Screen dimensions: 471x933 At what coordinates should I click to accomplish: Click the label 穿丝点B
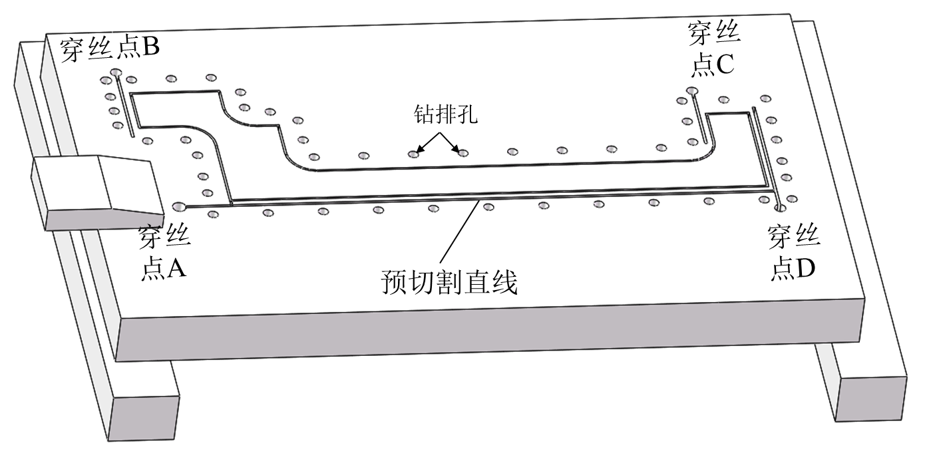(x=109, y=50)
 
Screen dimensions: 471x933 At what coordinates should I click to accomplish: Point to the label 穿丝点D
(x=793, y=253)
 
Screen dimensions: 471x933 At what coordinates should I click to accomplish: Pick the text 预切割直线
(x=449, y=283)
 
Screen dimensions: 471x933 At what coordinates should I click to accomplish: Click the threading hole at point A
(x=178, y=206)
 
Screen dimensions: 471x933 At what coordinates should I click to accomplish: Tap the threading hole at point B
(x=116, y=73)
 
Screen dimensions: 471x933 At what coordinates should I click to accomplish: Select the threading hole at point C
(x=692, y=91)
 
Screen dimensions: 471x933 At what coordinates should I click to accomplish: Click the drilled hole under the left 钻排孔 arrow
(x=413, y=154)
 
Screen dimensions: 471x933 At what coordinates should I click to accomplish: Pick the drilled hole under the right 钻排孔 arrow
(x=463, y=153)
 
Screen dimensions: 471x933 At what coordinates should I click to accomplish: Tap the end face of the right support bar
(x=872, y=398)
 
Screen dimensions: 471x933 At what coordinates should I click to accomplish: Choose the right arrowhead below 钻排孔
(x=457, y=148)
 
